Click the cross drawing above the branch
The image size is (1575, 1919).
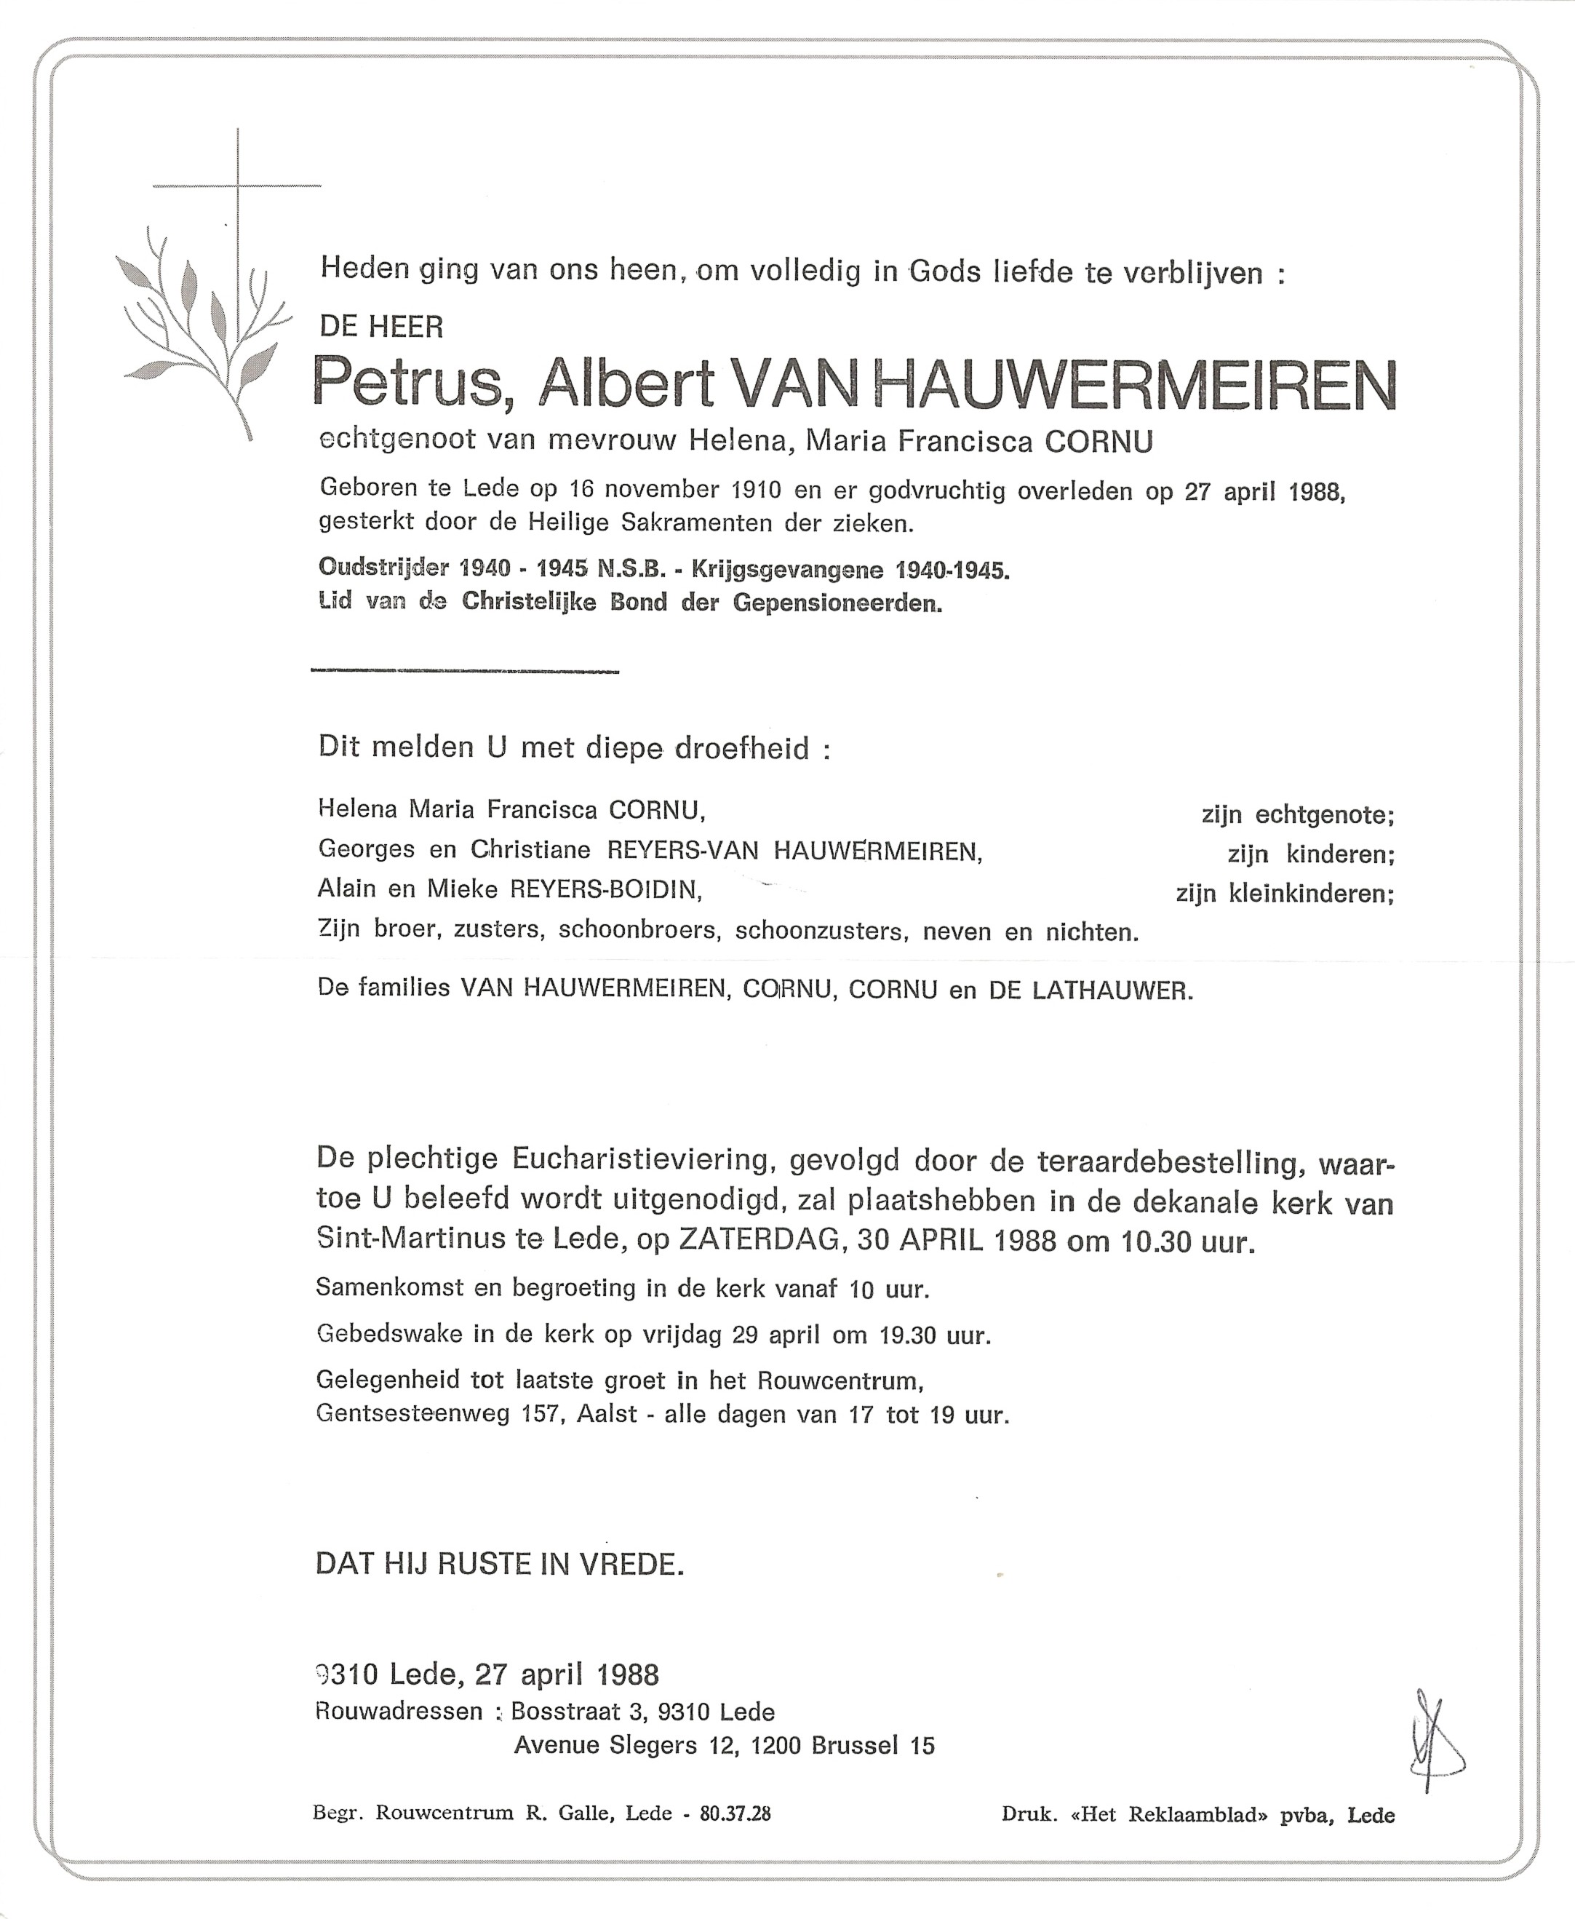point(238,191)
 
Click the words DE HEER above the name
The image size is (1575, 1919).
point(381,327)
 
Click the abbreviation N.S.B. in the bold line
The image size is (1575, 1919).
point(631,570)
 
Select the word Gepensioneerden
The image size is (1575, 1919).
point(837,603)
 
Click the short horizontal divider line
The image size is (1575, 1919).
point(465,672)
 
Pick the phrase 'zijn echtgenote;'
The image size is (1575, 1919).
point(1297,816)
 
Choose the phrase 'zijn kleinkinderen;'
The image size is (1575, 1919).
point(1285,894)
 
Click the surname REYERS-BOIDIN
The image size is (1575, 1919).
point(606,890)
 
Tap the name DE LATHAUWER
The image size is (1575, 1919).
point(1089,991)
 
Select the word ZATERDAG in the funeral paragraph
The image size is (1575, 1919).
point(759,1240)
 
